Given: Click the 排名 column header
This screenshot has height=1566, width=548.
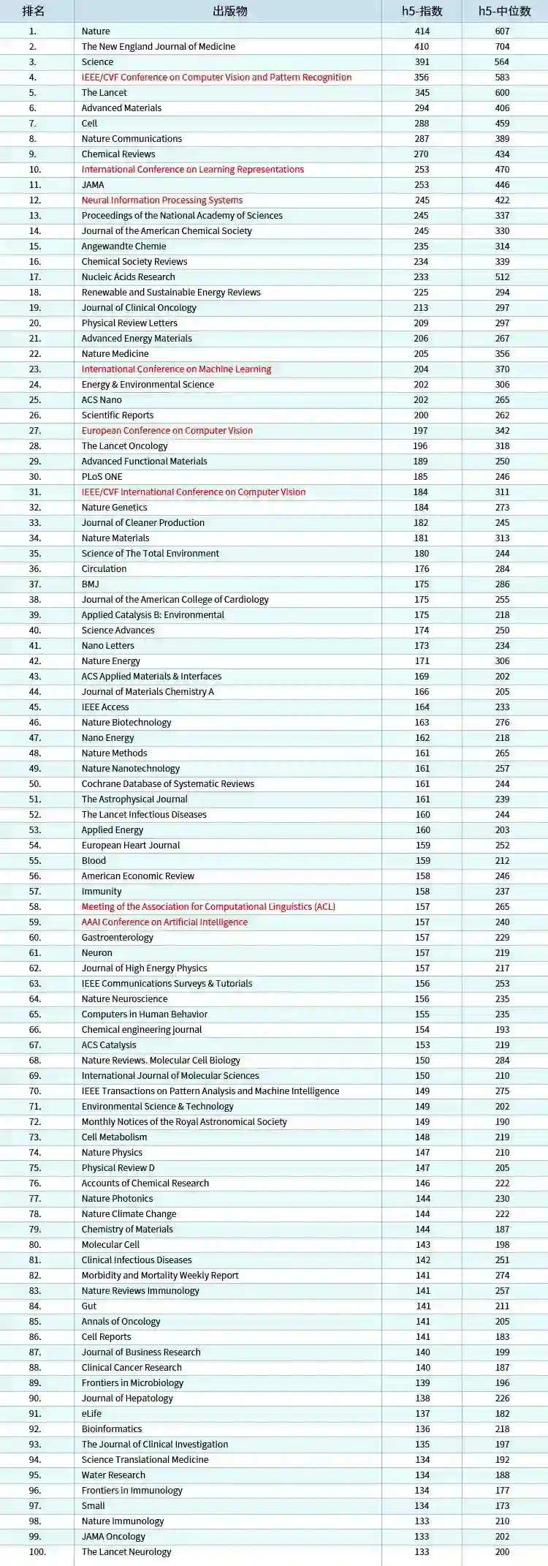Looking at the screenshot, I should click(33, 11).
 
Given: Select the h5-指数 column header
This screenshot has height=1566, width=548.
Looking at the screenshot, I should click(422, 11).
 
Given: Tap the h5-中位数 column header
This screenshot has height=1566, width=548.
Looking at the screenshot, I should click(504, 11).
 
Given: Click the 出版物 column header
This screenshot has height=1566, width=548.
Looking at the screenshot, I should click(229, 11).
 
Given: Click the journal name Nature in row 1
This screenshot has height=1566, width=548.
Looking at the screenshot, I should click(96, 31).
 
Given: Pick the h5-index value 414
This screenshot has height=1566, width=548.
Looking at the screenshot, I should click(422, 31).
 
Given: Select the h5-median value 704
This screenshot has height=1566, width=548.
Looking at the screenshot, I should click(502, 47).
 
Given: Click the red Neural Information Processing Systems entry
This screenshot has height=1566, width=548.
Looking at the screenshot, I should click(162, 200).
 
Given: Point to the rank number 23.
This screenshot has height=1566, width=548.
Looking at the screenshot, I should click(35, 369).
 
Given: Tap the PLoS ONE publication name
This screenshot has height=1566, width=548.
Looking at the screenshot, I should click(102, 477).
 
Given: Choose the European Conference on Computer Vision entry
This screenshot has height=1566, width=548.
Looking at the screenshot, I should click(167, 431).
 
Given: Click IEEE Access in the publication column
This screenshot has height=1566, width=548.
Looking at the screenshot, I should click(105, 707).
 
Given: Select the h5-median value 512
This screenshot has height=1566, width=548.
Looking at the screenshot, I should click(502, 277).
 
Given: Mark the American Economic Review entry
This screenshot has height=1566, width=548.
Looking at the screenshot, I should click(138, 876).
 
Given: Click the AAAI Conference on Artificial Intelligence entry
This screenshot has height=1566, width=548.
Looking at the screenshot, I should click(164, 922).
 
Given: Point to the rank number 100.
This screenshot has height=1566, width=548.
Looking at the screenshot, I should click(37, 1552).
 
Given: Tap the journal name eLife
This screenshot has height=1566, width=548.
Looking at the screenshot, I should click(92, 1414).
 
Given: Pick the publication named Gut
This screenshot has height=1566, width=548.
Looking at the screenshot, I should click(89, 1306).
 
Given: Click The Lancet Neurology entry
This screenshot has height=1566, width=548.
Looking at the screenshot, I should click(126, 1552).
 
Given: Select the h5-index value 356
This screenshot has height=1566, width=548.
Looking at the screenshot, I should click(422, 78).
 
